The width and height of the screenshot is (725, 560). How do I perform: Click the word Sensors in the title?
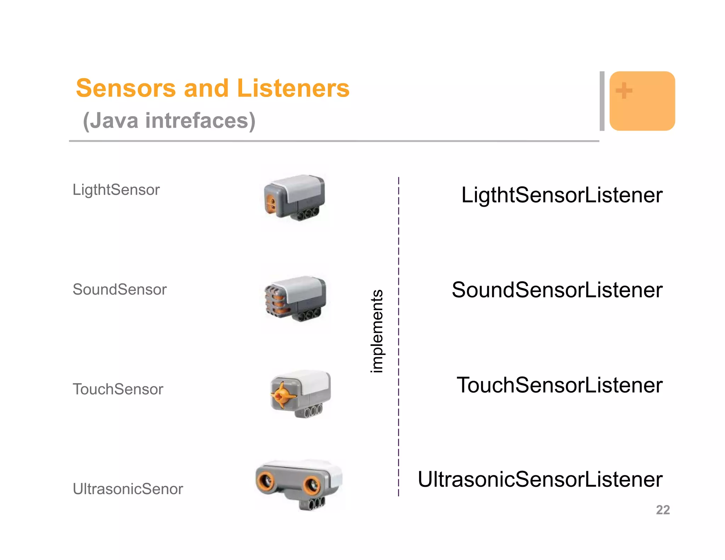pos(126,88)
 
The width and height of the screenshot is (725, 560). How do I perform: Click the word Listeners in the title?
pos(293,88)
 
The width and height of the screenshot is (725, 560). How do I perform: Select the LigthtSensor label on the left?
pos(116,190)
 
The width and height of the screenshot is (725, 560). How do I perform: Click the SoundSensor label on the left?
pos(120,290)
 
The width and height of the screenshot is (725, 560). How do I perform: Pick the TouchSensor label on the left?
pos(118,389)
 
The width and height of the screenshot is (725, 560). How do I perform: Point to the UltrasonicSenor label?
pos(128,489)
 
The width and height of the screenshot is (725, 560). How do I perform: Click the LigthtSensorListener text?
pos(562,195)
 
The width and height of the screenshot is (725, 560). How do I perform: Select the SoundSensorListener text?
pos(557,290)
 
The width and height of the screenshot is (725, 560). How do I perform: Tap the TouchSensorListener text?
pos(559,385)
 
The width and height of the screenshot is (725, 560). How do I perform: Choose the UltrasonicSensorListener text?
pos(540,480)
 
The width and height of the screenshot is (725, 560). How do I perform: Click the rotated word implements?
pos(377,331)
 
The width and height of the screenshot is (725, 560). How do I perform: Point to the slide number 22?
pos(663,510)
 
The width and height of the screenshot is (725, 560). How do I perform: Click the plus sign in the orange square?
pos(624,91)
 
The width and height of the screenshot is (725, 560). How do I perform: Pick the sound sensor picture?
pos(295,299)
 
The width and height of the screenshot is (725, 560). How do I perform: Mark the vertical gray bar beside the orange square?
pos(602,101)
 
